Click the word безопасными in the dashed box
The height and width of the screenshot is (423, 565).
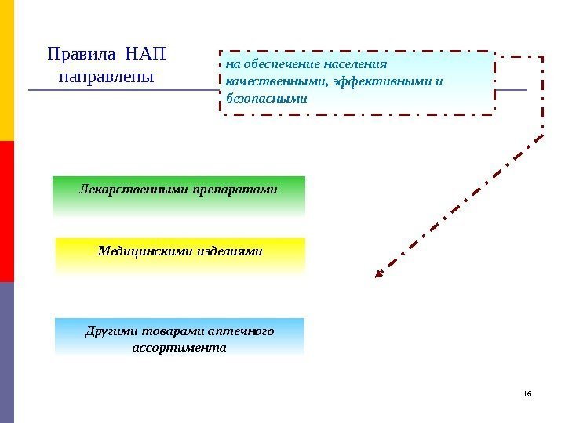tap(266, 99)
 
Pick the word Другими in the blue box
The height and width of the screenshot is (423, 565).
tap(107, 331)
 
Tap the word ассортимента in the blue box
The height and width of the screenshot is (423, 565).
tap(180, 347)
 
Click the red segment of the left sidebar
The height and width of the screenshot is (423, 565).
tap(7, 211)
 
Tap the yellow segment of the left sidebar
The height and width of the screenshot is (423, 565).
tap(7, 70)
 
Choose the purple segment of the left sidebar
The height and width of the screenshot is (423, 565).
tap(7, 352)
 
